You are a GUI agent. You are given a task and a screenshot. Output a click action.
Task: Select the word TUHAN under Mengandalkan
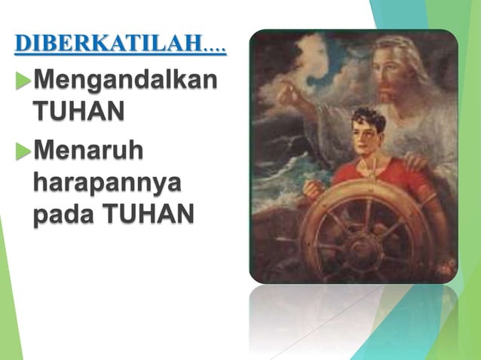pos(77,112)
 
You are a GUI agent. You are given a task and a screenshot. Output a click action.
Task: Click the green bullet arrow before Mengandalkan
pos(22,81)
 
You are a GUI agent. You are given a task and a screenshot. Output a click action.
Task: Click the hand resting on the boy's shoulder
pos(416,161)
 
